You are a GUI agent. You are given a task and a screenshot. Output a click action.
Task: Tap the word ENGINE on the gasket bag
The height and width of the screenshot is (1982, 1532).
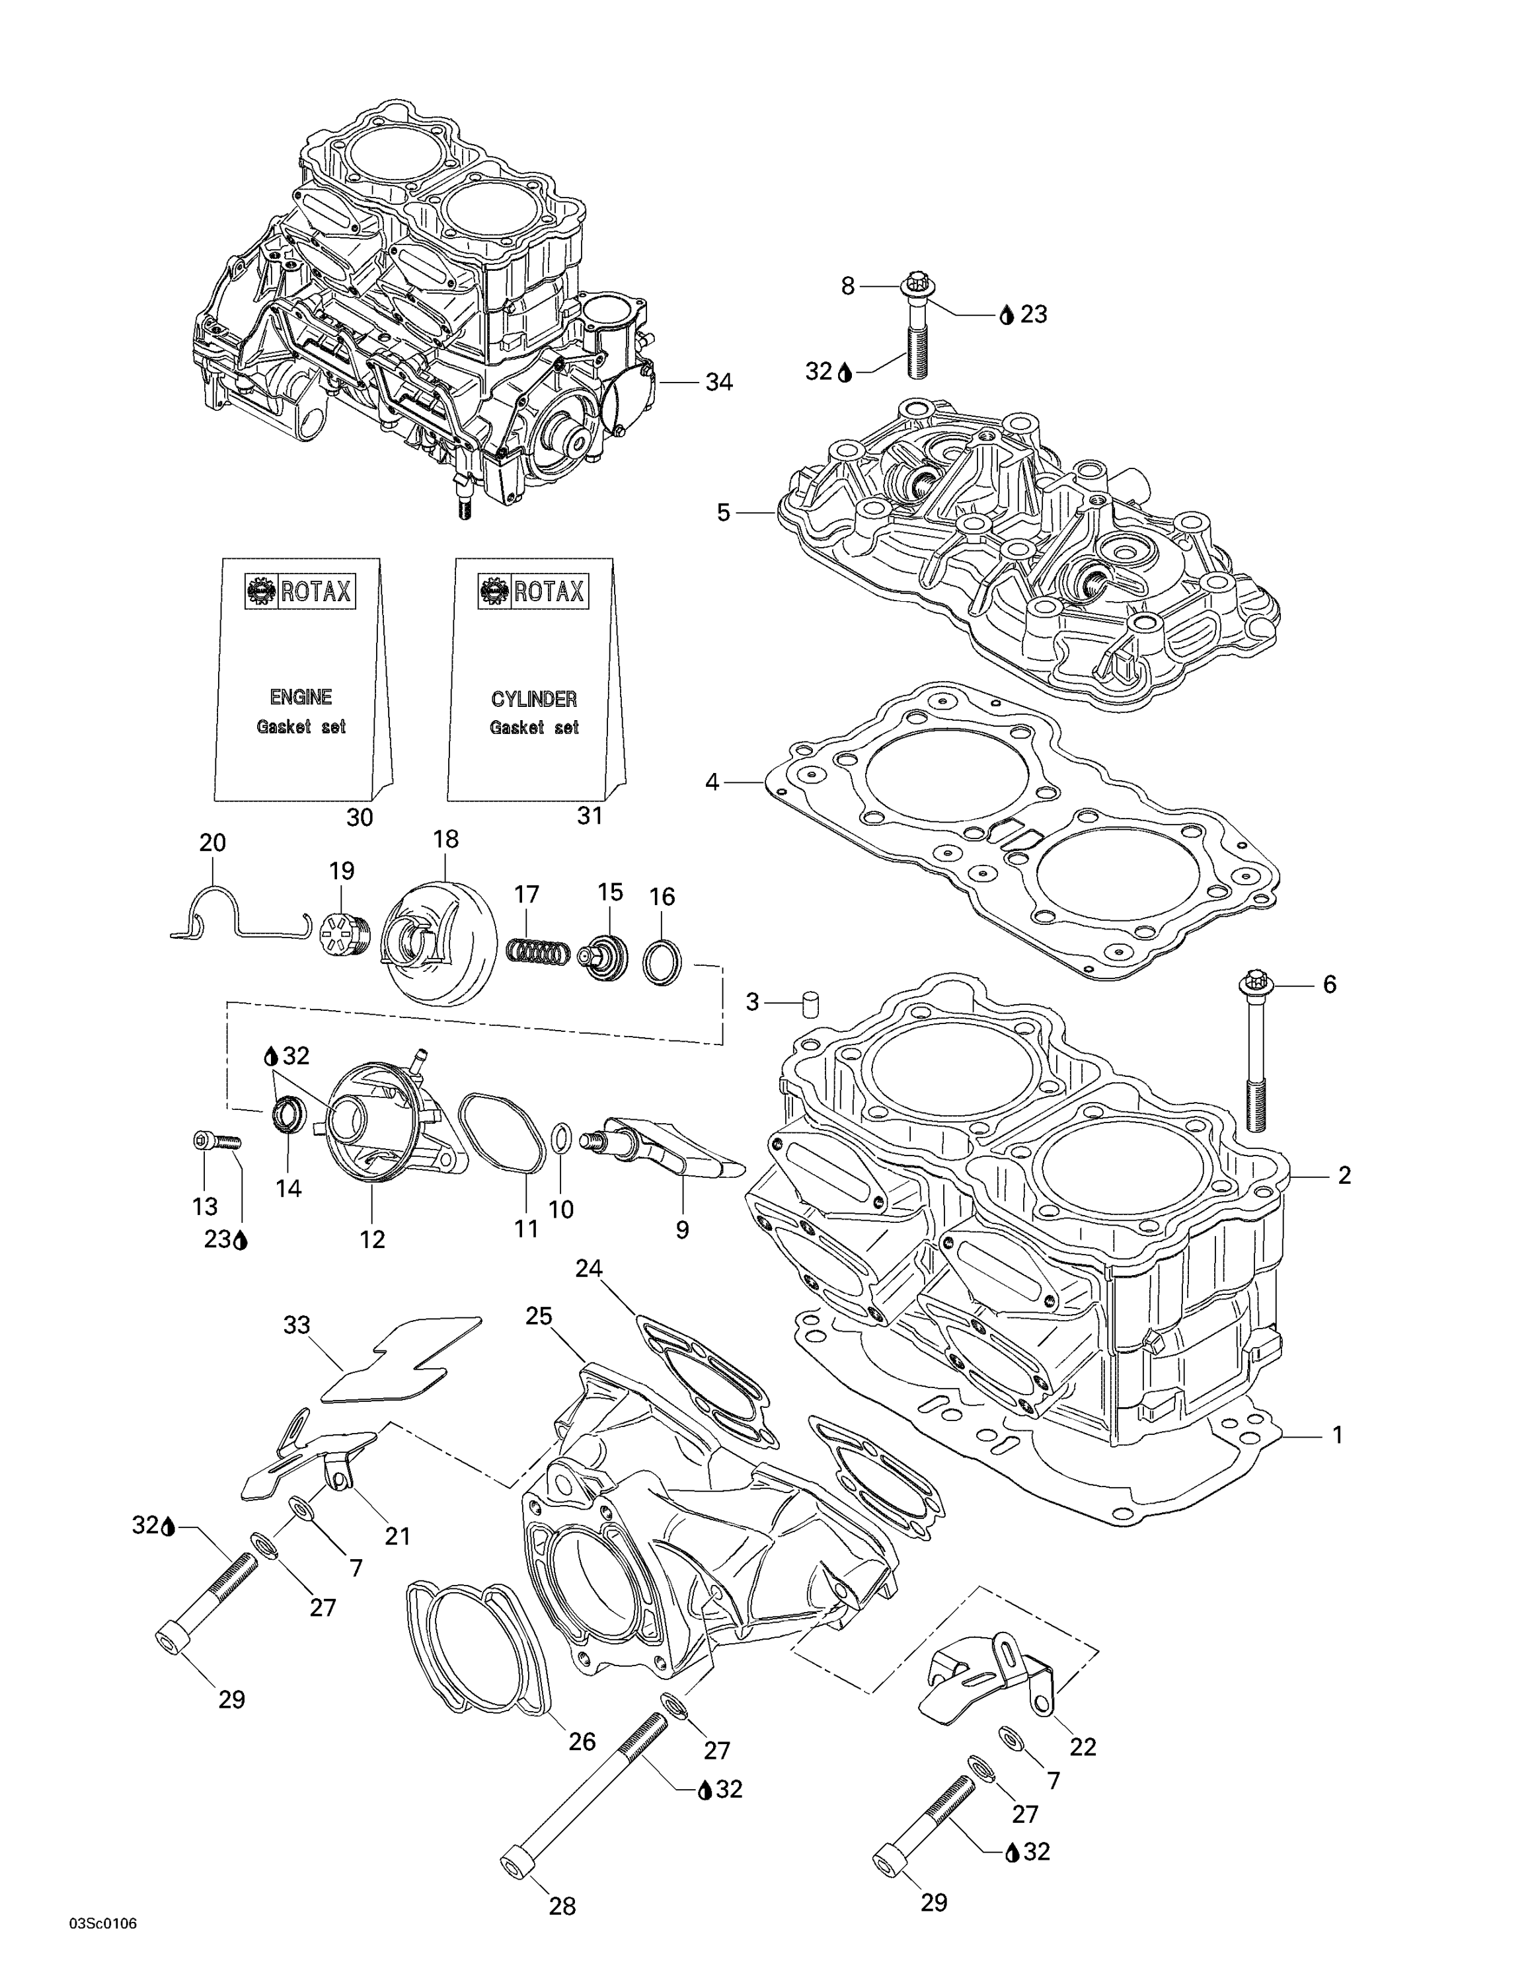point(301,697)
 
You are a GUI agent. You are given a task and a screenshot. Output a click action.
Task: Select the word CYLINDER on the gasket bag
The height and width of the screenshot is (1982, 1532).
point(533,699)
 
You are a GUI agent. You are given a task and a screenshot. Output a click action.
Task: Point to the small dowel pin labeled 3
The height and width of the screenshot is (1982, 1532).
point(810,1004)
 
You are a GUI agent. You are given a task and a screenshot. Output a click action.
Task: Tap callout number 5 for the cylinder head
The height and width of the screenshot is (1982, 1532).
point(723,513)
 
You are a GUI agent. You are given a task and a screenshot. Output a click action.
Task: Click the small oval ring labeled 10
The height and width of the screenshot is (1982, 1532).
point(562,1136)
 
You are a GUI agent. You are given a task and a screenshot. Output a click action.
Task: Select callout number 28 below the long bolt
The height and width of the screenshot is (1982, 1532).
point(562,1906)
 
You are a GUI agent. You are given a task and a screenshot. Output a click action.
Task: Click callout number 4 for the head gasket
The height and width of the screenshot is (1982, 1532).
point(712,782)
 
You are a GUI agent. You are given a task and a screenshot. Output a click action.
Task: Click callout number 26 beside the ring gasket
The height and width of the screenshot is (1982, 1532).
point(582,1741)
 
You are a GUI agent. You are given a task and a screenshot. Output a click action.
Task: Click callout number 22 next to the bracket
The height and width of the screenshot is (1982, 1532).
point(1083,1746)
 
